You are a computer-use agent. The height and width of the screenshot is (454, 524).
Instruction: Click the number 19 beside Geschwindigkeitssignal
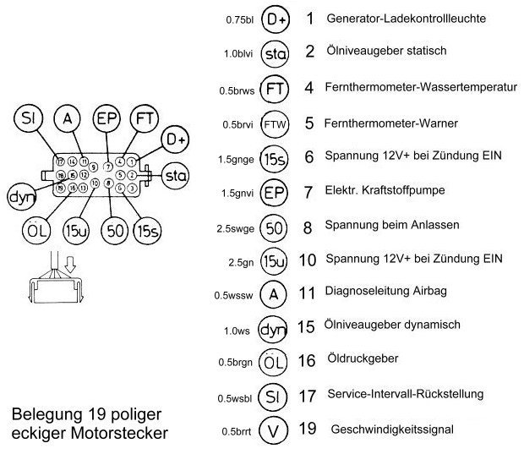tap(308, 429)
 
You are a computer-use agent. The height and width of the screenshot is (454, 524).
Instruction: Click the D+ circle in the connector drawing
tap(175, 138)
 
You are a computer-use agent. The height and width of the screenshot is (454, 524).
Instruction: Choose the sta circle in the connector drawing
tap(175, 176)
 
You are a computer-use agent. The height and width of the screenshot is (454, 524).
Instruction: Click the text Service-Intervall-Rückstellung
tap(406, 394)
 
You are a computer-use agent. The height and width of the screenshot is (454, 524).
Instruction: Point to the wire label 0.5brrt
tap(237, 429)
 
